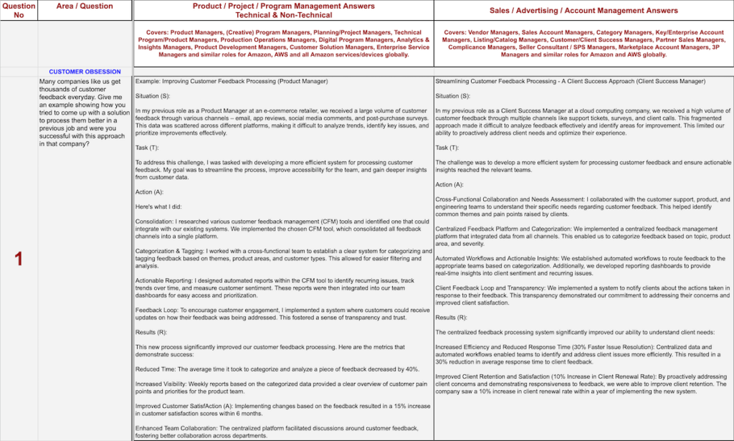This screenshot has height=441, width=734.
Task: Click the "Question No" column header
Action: pos(19,10)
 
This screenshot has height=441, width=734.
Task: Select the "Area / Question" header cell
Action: pos(85,6)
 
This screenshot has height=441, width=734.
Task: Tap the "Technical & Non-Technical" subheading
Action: pos(283,14)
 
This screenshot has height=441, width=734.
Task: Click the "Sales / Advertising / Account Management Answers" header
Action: pos(583,11)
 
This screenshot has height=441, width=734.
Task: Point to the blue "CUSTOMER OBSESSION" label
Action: pos(85,72)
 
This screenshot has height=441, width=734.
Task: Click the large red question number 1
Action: pos(19,259)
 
